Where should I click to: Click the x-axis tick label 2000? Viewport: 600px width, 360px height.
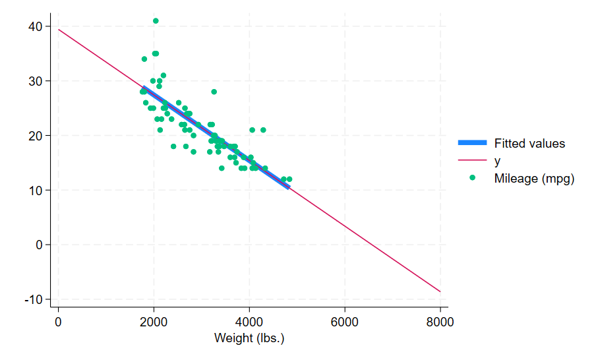(154, 322)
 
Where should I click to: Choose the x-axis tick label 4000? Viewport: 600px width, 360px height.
(249, 322)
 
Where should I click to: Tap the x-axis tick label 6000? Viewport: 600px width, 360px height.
(345, 322)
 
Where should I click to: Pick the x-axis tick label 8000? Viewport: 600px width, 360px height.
(440, 322)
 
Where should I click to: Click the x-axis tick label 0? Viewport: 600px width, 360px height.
(59, 322)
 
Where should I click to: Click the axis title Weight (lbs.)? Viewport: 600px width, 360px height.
(249, 338)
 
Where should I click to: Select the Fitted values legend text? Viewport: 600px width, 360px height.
(529, 143)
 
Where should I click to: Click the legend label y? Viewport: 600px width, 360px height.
(497, 160)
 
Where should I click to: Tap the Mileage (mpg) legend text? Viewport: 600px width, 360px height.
(534, 178)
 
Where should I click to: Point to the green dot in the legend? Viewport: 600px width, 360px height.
(472, 178)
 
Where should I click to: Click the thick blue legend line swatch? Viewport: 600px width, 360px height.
(472, 143)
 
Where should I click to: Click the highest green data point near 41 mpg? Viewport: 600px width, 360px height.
(156, 21)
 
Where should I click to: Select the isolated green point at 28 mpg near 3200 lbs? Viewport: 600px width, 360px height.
(214, 92)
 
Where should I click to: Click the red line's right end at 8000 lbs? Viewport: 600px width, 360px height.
(440, 291)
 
